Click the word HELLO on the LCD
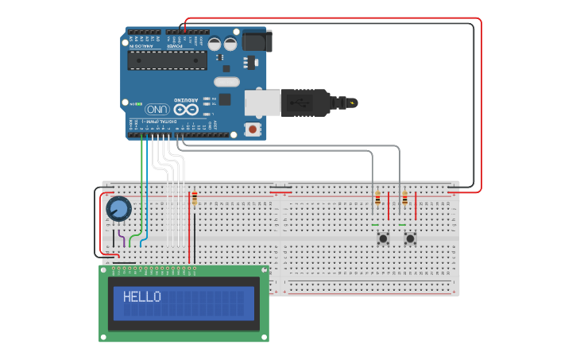[141, 297]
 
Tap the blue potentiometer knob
[118, 208]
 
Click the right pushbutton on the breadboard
[411, 238]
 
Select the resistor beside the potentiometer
[194, 199]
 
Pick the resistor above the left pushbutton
[377, 199]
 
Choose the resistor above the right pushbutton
[404, 199]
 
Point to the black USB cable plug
[306, 103]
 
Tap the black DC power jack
[257, 41]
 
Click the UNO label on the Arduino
[157, 109]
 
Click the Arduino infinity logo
[186, 109]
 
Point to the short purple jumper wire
[120, 238]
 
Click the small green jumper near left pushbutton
[374, 224]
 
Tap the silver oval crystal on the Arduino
[226, 81]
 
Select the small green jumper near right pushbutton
[402, 224]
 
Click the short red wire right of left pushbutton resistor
[389, 208]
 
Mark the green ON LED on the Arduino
[140, 104]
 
